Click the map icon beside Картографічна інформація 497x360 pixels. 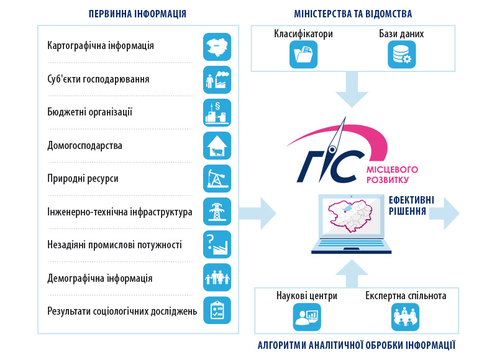point(217,47)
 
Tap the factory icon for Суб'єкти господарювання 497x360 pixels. point(217,80)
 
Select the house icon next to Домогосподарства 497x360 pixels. point(217,146)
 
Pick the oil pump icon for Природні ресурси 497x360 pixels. point(217,179)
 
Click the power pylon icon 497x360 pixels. point(217,212)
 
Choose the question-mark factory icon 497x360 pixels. point(217,245)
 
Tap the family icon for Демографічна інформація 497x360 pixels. point(217,277)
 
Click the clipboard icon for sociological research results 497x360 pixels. point(217,310)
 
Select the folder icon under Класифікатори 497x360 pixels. point(303,55)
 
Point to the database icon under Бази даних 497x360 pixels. point(401,55)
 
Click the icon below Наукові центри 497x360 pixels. point(307,317)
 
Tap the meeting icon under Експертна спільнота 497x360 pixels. point(405,317)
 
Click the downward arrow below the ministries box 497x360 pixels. point(352,89)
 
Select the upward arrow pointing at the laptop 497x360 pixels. point(352,274)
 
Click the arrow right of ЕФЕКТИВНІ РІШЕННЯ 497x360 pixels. point(444,214)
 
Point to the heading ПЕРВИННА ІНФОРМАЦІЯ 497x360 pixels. point(137,14)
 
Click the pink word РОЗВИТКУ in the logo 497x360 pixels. point(388,180)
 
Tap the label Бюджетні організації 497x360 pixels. point(89,112)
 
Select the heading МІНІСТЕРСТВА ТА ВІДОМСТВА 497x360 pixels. point(353,14)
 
